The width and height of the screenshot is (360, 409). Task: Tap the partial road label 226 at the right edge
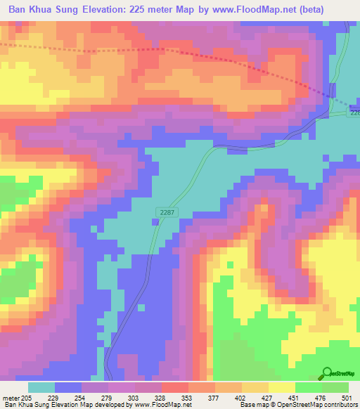point(354,112)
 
